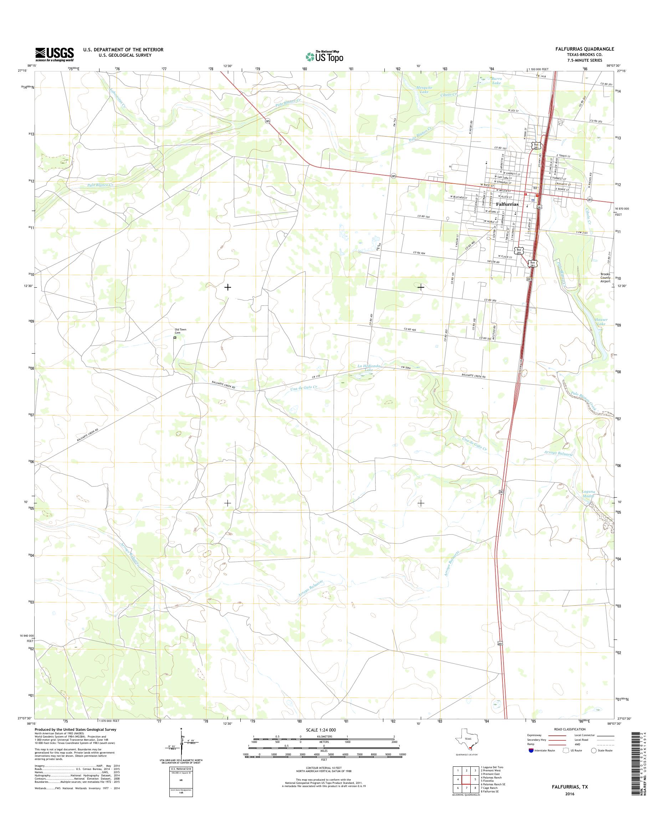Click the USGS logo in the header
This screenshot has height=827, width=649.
pyautogui.click(x=55, y=54)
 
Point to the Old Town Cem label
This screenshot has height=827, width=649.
pyautogui.click(x=180, y=331)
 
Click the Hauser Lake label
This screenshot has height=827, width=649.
pyautogui.click(x=602, y=322)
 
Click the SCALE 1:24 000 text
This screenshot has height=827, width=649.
pyautogui.click(x=321, y=730)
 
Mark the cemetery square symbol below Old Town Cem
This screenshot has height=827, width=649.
pyautogui.click(x=175, y=337)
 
